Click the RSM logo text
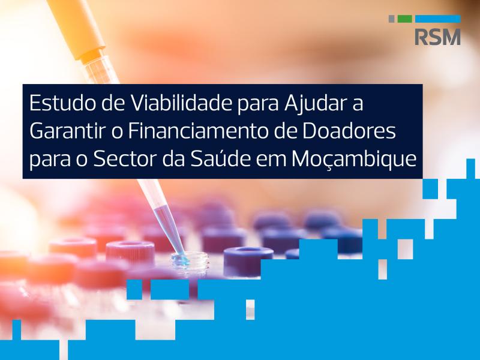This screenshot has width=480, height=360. tap(438, 37)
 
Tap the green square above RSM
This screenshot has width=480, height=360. tap(404, 19)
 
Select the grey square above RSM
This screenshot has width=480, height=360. tap(392, 19)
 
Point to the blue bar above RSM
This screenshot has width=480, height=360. tap(438, 19)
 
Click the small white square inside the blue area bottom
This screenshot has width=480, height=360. tap(250, 310)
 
